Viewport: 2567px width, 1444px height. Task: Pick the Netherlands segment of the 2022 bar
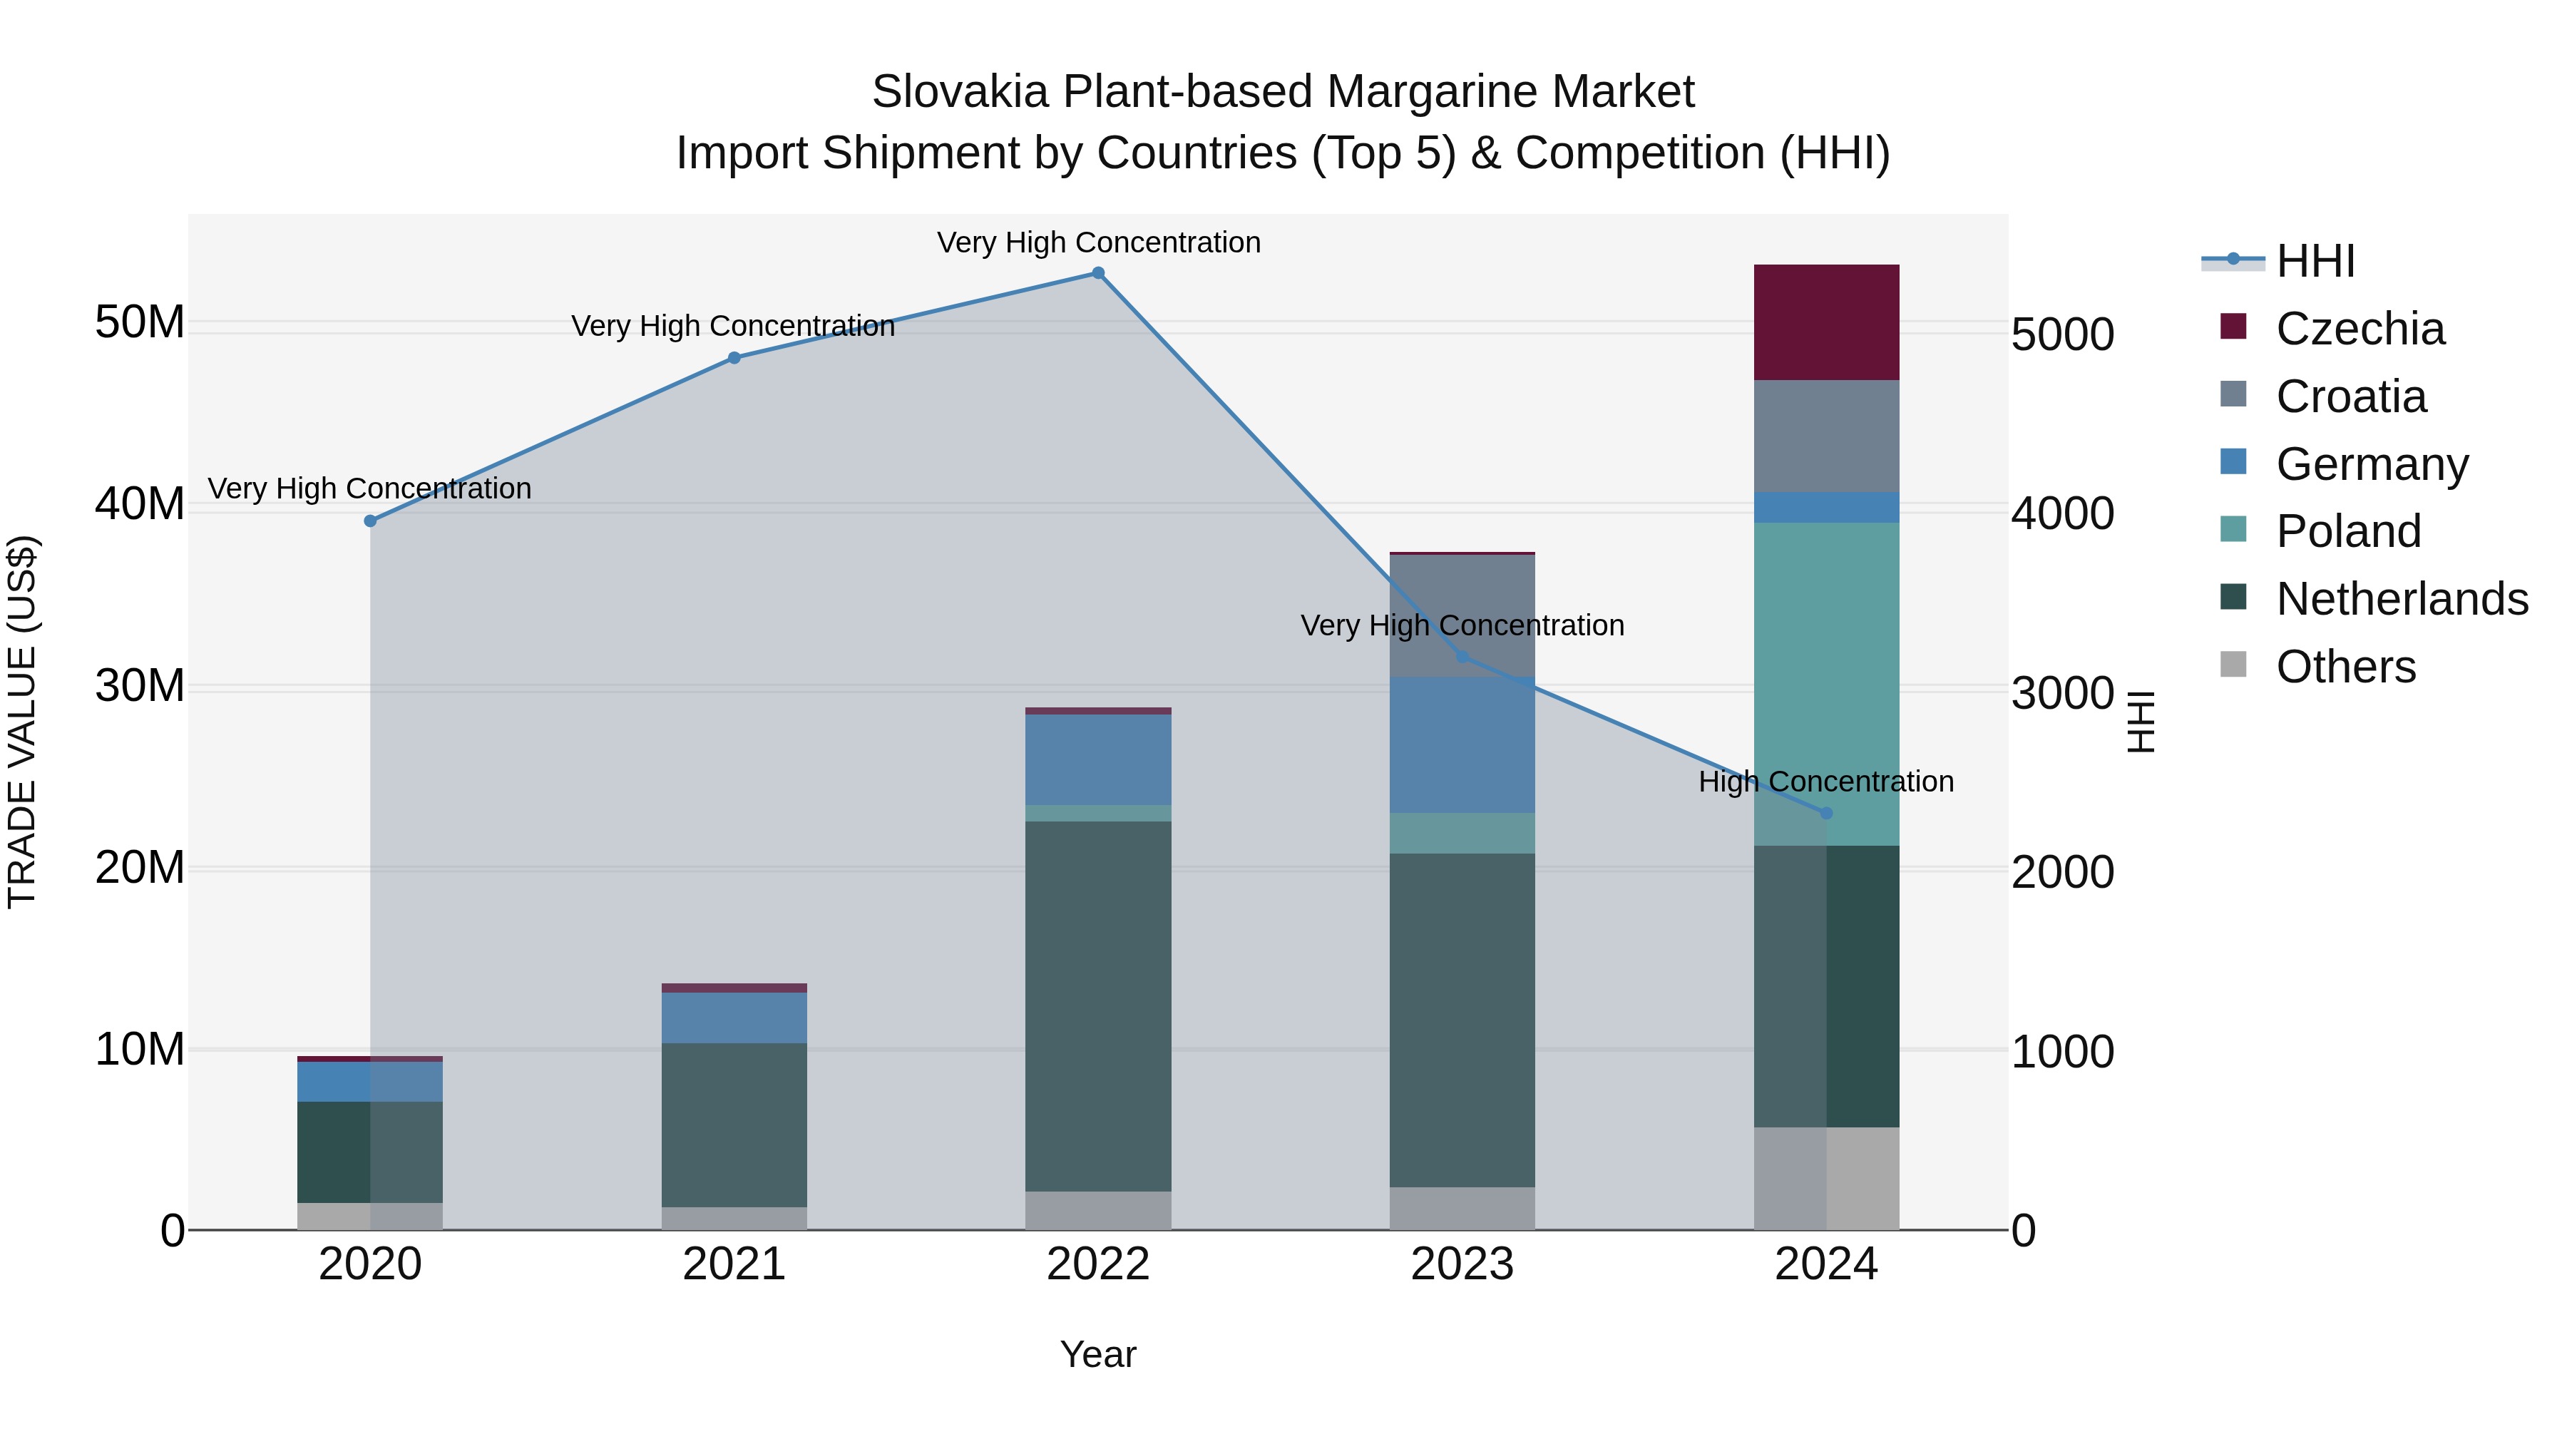(1098, 1005)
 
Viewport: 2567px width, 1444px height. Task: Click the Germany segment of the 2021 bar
(734, 1018)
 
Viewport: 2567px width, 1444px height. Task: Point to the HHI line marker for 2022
(1098, 273)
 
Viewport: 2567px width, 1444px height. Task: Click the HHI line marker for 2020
(371, 521)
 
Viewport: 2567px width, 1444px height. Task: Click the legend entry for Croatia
(2351, 396)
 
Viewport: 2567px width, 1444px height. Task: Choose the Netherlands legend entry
(2402, 599)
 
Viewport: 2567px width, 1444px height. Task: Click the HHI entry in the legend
(2315, 261)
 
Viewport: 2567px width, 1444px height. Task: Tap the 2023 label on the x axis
(1462, 1264)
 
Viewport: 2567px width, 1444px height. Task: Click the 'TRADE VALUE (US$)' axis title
(22, 722)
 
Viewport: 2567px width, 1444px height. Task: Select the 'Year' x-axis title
(1098, 1354)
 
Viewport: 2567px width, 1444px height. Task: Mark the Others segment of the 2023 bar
(1462, 1208)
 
